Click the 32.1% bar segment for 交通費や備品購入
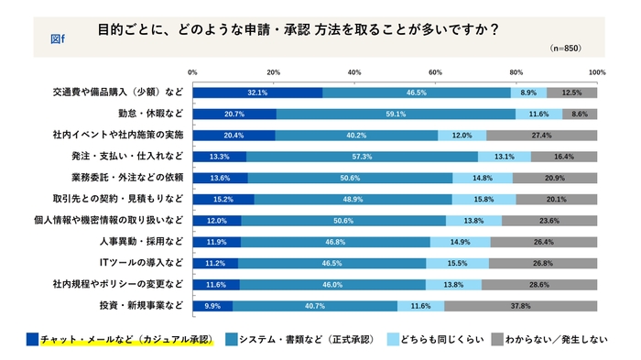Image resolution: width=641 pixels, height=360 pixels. point(257,93)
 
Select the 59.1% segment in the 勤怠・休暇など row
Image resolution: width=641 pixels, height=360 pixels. point(396,114)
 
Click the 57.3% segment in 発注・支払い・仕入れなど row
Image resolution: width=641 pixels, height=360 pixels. point(362,156)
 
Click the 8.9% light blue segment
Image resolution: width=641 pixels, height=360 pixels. point(528,93)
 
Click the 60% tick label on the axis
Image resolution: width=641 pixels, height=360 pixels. point(435,71)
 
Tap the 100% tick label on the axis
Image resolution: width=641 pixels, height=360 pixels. point(596,71)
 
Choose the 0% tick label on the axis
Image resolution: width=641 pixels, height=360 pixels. point(192,71)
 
